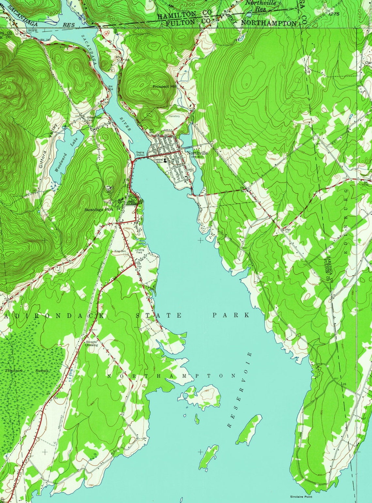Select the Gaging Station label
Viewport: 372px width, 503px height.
click(x=140, y=153)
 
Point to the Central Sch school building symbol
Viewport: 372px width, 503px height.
click(x=165, y=160)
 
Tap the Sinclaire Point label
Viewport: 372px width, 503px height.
click(x=301, y=497)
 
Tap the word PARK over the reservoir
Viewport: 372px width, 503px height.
click(x=231, y=315)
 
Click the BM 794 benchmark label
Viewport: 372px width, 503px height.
click(x=140, y=265)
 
